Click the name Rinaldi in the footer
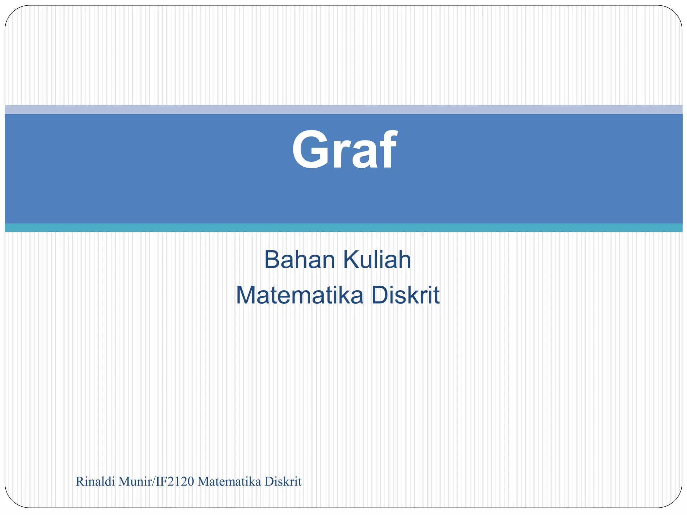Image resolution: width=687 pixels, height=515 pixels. tap(95, 482)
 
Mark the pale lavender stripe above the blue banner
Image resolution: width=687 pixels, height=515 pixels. tap(343, 109)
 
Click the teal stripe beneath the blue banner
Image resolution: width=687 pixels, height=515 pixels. tap(343, 227)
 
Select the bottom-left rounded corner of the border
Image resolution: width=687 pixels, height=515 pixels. tap(11, 501)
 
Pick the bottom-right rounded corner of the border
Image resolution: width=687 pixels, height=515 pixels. tap(676, 501)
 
